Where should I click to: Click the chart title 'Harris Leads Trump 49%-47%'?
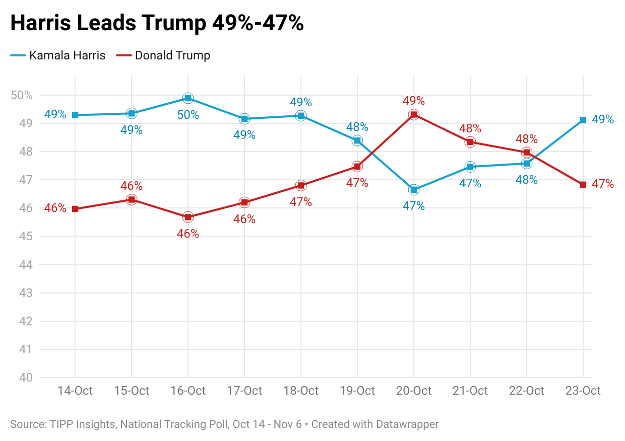pos(157,23)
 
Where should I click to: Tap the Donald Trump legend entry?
pos(163,55)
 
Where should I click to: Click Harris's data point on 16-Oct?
pos(188,98)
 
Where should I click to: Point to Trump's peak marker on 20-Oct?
pos(414,115)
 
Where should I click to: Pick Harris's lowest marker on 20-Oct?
pos(414,189)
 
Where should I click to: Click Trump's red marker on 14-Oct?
pos(75,209)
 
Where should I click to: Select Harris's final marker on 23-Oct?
pos(583,120)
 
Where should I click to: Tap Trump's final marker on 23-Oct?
pos(583,185)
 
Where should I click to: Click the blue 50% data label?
pos(188,115)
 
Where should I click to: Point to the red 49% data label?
pos(414,101)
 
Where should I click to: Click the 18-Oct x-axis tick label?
pos(301,391)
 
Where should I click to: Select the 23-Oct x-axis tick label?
pos(583,391)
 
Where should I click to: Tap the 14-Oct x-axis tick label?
pos(75,391)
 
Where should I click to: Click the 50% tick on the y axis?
pos(22,95)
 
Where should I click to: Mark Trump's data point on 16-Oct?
pos(188,217)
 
